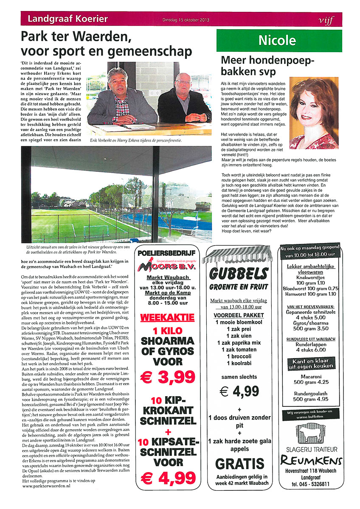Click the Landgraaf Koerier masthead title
[67, 19]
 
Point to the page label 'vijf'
[327, 20]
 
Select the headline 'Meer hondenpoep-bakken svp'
[267, 65]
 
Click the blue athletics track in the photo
[187, 221]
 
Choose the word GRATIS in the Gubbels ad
[239, 464]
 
